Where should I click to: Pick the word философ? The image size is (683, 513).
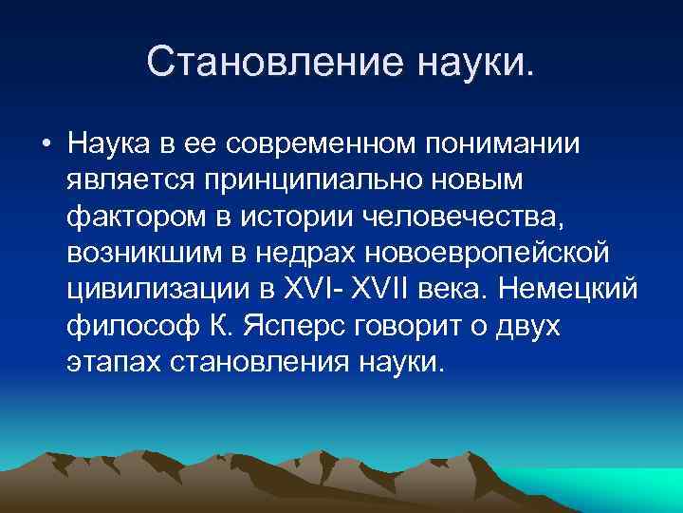coord(128,326)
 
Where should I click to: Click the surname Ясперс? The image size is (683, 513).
coord(295,326)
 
